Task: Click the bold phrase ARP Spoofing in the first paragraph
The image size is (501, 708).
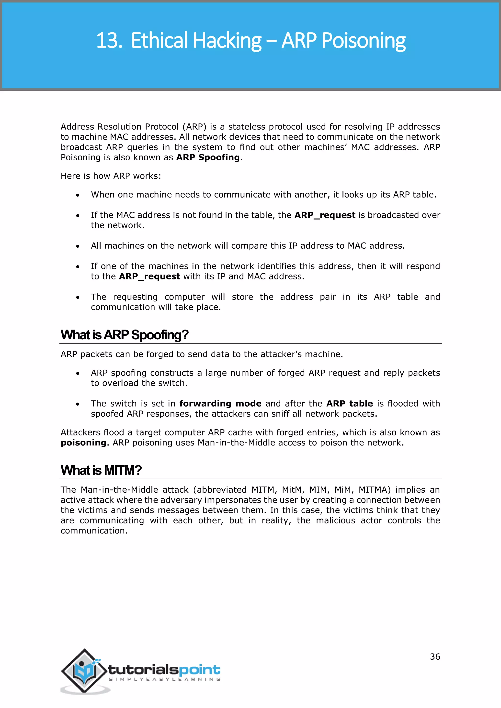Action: click(x=208, y=157)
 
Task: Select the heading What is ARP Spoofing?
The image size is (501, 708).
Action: click(x=124, y=335)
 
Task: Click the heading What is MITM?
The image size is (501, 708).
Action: click(x=101, y=470)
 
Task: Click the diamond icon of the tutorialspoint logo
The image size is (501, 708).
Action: click(x=84, y=670)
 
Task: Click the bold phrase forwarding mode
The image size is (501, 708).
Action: click(x=220, y=403)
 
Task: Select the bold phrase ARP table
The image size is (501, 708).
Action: click(x=350, y=403)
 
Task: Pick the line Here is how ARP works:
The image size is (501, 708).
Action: click(x=111, y=176)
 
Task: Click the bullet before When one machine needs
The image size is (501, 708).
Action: click(x=78, y=195)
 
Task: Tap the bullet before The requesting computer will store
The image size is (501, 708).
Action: click(x=78, y=298)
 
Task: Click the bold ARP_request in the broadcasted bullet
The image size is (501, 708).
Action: click(x=325, y=215)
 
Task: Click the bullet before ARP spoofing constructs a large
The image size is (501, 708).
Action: click(x=78, y=373)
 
